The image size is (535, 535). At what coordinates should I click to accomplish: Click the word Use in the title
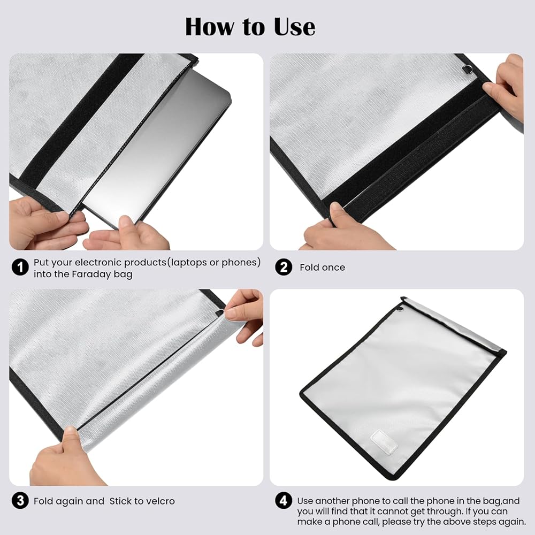[x=294, y=27]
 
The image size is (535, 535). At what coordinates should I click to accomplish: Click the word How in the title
[x=210, y=27]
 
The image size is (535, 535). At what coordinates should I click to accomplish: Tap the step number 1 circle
[x=20, y=267]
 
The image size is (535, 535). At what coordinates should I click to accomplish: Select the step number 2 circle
[x=284, y=267]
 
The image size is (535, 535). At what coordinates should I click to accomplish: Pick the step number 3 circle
[x=20, y=501]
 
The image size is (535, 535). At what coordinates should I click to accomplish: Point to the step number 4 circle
[x=284, y=501]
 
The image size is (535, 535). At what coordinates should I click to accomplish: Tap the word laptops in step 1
[x=189, y=262]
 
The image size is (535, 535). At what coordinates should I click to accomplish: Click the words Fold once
[x=322, y=267]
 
